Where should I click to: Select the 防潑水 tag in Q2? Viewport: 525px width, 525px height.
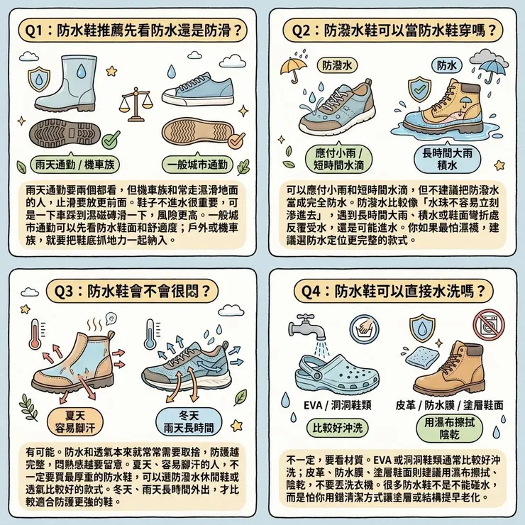coord(337,65)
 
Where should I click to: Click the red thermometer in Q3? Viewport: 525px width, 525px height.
coord(35,341)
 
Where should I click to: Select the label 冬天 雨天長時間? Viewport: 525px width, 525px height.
coord(189,421)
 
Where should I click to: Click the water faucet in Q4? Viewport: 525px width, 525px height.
coord(306,326)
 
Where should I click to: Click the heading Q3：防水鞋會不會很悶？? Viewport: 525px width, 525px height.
coord(131,290)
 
